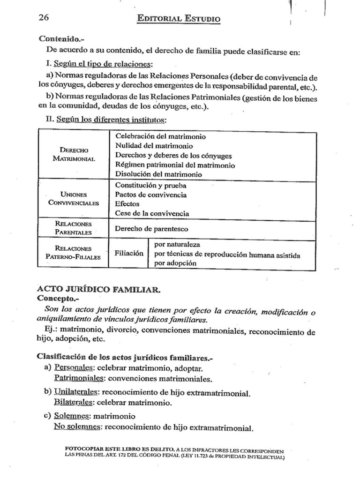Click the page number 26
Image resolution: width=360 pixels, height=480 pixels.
(x=44, y=17)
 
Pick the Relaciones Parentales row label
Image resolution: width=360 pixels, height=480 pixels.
(x=74, y=228)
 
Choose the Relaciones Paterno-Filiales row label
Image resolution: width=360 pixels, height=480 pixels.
(x=74, y=253)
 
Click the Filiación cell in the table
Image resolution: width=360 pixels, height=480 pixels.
(x=129, y=253)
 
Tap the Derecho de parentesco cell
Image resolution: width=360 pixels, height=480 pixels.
(x=151, y=229)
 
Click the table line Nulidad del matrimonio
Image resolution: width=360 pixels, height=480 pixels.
(x=151, y=146)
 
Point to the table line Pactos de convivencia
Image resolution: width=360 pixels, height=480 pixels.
(x=150, y=195)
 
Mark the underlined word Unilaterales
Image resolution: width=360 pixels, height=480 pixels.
(x=76, y=392)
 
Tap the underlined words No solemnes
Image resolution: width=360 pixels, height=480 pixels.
(x=77, y=427)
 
